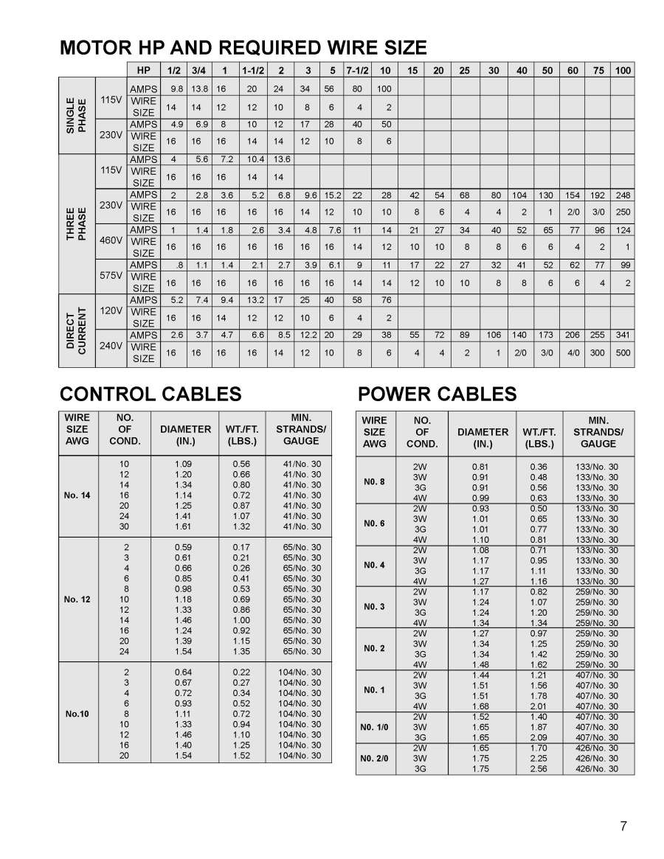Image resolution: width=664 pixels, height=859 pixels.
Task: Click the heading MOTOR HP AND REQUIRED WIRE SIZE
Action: click(243, 49)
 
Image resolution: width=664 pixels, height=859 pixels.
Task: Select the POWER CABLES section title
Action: click(437, 394)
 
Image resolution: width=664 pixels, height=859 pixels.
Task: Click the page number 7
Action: click(623, 826)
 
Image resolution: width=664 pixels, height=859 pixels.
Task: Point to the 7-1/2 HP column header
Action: click(358, 70)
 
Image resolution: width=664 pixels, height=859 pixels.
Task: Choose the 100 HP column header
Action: click(623, 70)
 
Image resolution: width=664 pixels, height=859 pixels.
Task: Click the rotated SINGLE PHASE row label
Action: click(76, 115)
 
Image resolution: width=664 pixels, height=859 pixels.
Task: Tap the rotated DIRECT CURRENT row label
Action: click(76, 330)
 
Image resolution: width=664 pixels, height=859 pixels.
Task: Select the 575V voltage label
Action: click(111, 277)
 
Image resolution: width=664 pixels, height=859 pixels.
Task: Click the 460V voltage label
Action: click(111, 241)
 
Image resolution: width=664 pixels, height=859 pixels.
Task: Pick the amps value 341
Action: click(623, 335)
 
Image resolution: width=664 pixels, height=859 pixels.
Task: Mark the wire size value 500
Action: click(623, 353)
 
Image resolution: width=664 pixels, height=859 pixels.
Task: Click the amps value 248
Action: click(623, 195)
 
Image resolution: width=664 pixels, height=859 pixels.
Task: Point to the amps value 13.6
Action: click(281, 159)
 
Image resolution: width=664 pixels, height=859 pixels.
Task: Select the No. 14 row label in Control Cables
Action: click(77, 495)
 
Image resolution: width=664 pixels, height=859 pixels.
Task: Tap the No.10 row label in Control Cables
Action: click(77, 714)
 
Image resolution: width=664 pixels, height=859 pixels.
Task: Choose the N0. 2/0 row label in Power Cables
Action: click(374, 758)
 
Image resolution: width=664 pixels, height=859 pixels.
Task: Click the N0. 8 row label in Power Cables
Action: click(374, 482)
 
